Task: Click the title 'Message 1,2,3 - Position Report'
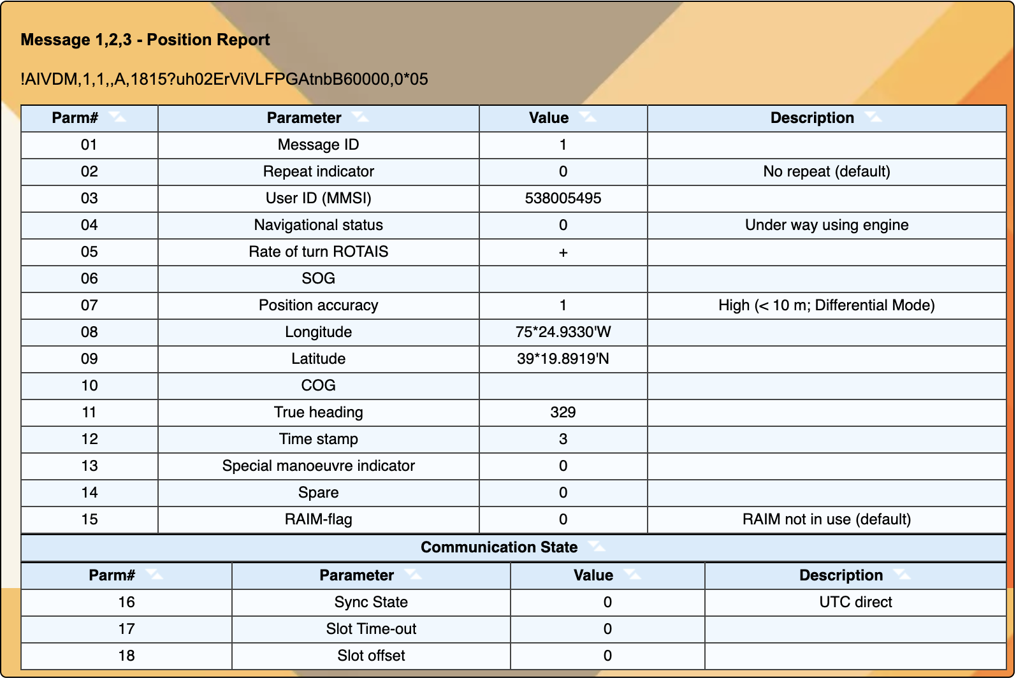click(145, 40)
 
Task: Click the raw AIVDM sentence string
click(224, 79)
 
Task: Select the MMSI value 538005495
click(563, 198)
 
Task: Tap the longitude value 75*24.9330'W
click(563, 332)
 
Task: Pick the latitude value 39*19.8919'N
click(563, 359)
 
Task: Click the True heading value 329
click(563, 412)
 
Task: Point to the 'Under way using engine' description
click(827, 225)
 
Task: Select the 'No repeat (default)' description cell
click(827, 171)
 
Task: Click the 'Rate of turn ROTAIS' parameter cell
click(318, 252)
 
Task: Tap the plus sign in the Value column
click(563, 253)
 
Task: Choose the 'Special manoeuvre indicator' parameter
click(318, 466)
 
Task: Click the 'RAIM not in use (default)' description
click(827, 519)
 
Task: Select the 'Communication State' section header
click(499, 547)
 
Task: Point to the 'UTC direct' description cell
click(855, 602)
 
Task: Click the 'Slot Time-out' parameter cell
click(371, 629)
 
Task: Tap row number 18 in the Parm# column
click(126, 656)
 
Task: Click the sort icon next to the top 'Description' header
click(873, 117)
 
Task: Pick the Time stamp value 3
click(563, 439)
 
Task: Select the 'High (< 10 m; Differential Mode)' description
click(827, 305)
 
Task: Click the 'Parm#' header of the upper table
click(75, 118)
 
